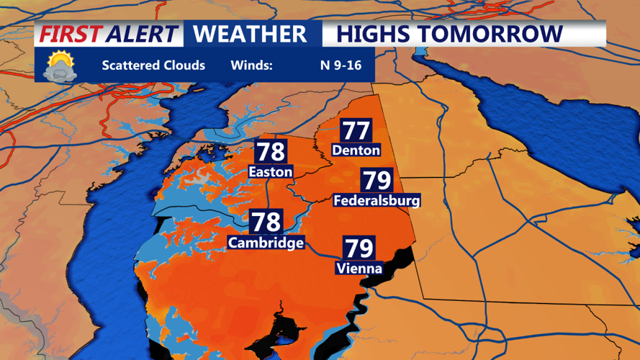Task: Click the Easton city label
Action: [x=270, y=172]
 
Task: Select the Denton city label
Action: [x=356, y=150]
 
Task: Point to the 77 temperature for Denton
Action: [x=356, y=130]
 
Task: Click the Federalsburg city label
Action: [x=377, y=201]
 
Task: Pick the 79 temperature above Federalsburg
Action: [x=377, y=180]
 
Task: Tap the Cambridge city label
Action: [x=266, y=243]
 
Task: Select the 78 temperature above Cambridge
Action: [x=266, y=221]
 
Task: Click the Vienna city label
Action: [x=359, y=269]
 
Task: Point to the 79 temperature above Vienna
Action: [x=359, y=248]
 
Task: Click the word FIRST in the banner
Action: [x=69, y=34]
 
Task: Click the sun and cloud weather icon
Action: [x=60, y=66]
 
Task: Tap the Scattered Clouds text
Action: [x=153, y=66]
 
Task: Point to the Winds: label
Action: [x=251, y=66]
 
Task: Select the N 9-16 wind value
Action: [x=341, y=66]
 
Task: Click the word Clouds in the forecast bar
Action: [x=184, y=66]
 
